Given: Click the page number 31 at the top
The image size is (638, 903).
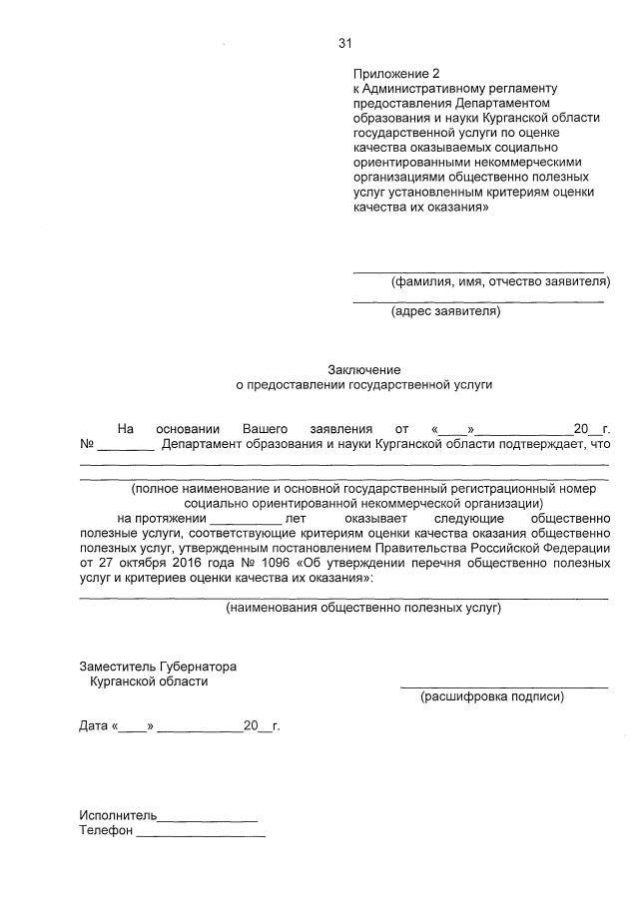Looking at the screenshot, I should (x=345, y=43).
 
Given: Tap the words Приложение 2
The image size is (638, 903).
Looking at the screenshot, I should (x=395, y=74).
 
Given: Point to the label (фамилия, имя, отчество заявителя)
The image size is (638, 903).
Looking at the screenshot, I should (x=497, y=281).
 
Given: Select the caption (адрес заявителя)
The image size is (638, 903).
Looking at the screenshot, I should (x=445, y=310).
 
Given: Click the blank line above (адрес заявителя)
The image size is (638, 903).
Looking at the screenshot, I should (x=478, y=299).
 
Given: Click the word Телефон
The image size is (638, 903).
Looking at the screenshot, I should (x=106, y=831).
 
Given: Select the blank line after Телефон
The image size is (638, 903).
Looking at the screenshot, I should (x=201, y=834).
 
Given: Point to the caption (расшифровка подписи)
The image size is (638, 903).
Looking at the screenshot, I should (x=492, y=696).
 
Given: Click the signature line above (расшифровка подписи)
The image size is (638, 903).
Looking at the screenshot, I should (x=504, y=686).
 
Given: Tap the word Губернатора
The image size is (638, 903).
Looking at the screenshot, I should (x=196, y=666).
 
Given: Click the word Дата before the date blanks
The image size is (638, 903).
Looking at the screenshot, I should (x=94, y=725).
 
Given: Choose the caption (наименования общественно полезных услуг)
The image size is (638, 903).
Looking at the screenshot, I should (x=363, y=607).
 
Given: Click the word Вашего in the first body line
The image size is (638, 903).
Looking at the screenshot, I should (x=266, y=428).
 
